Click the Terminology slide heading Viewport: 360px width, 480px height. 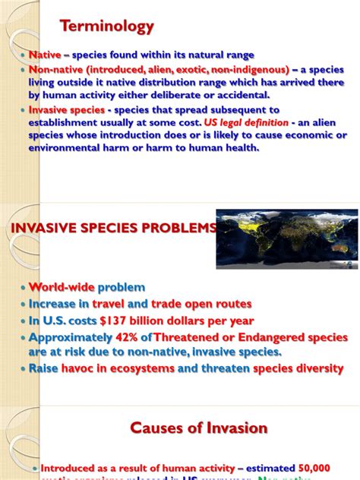click(118, 27)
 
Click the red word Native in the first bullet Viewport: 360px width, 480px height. click(44, 55)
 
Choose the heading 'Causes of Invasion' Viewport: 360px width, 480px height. click(200, 428)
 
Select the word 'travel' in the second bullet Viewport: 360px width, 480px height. click(131, 305)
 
